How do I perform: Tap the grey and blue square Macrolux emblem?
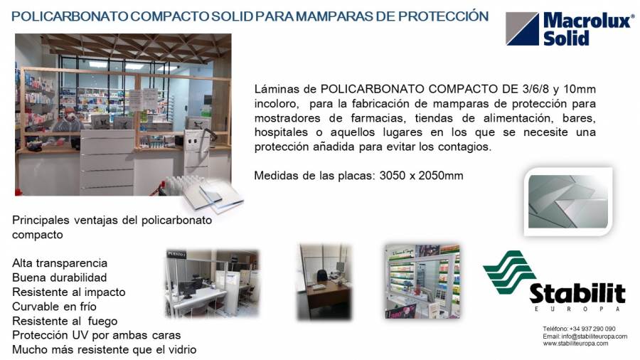point(522,28)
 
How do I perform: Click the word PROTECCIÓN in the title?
point(443,16)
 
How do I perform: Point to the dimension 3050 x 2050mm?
point(421,176)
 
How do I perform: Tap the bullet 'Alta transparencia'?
point(60,263)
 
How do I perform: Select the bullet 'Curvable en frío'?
point(54,307)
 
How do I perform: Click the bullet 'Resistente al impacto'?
point(68,292)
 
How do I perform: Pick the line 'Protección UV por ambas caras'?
point(96,335)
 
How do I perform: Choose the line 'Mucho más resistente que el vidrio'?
point(104,350)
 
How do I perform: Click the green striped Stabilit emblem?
point(508,272)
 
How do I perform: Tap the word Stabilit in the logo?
point(577,293)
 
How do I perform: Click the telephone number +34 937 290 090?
point(592,329)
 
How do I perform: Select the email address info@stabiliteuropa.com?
point(594,337)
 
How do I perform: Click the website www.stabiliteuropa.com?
point(575,344)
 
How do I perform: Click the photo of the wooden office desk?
point(324,282)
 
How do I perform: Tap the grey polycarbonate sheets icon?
point(568,201)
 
